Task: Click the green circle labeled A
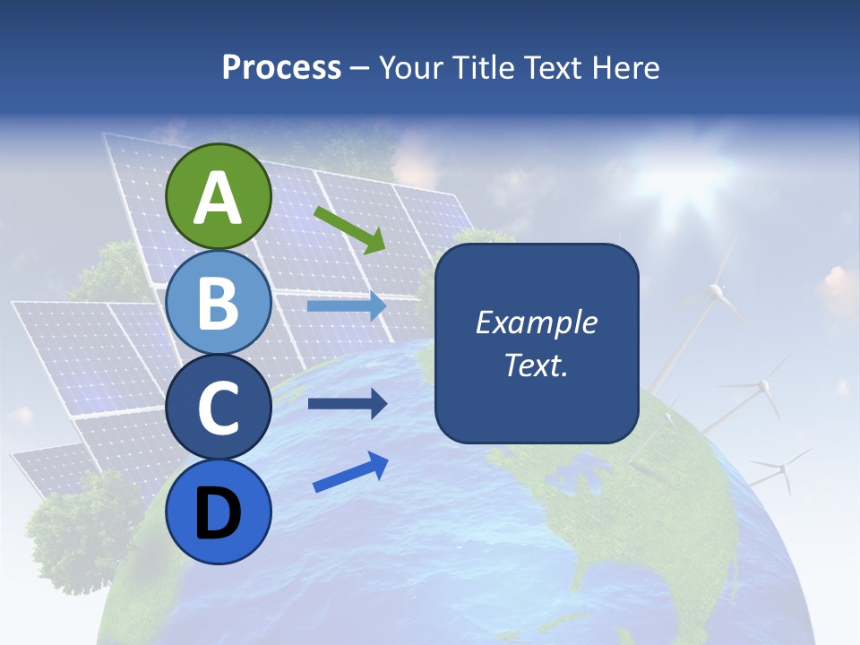click(218, 196)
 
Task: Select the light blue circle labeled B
click(218, 303)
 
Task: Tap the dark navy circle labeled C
click(218, 408)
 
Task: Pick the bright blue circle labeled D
click(218, 512)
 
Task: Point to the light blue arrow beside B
click(346, 306)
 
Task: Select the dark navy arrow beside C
click(346, 403)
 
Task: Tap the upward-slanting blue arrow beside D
click(350, 472)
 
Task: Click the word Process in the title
click(281, 67)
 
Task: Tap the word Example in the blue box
click(536, 322)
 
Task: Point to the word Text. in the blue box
click(536, 365)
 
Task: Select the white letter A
click(218, 198)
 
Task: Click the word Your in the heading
click(408, 67)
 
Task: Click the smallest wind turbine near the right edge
click(783, 468)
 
